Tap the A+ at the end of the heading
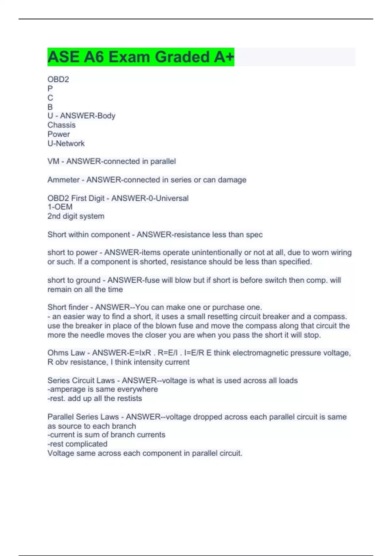pos(224,57)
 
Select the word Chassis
pos(61,125)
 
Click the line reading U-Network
pos(66,144)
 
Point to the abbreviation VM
pos(53,162)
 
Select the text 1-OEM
pos(60,207)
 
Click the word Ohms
pos(58,353)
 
